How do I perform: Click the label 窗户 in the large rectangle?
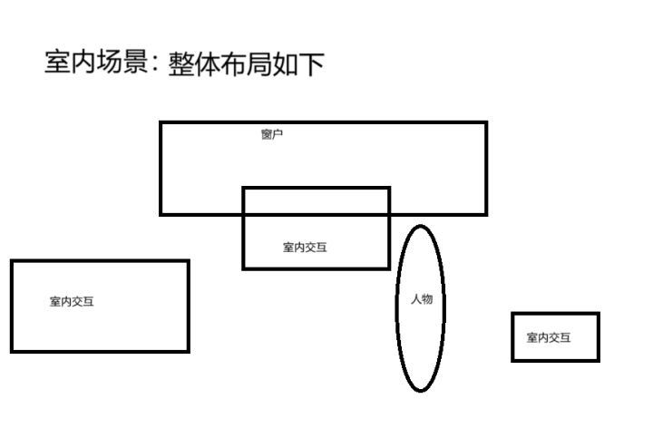tap(272, 134)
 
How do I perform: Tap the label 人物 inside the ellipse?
tap(422, 299)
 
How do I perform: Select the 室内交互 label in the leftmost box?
tap(72, 301)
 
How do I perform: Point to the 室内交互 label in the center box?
tap(305, 248)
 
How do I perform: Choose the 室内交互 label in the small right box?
tap(549, 337)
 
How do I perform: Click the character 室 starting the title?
tap(57, 63)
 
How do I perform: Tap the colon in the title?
tap(155, 63)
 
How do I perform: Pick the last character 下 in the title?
tap(311, 64)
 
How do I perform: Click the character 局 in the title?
tap(259, 64)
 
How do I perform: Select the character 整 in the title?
tap(181, 64)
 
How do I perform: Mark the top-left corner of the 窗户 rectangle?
tap(161, 122)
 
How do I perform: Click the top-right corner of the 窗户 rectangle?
tap(486, 122)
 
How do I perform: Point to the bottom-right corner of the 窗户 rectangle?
tap(486, 214)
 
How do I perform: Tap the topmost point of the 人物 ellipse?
tap(420, 226)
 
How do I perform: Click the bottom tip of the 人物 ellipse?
tap(421, 391)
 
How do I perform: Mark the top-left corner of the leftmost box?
tap(12, 261)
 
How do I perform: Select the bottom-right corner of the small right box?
tap(599, 360)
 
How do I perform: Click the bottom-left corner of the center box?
tap(243, 268)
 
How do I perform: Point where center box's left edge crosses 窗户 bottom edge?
tap(243, 214)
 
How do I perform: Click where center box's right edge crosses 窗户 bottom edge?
tap(389, 214)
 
